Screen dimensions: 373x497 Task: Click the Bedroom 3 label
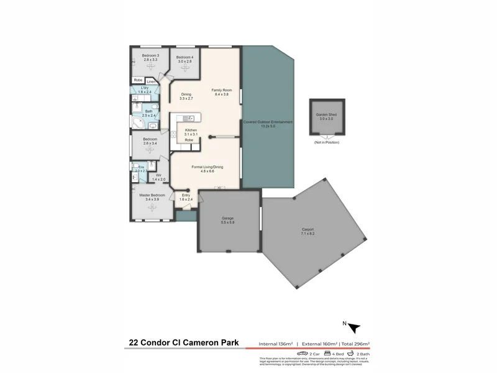point(150,55)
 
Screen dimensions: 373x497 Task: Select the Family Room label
point(222,90)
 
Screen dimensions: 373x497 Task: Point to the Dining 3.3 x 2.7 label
point(186,96)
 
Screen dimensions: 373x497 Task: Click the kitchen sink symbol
point(189,118)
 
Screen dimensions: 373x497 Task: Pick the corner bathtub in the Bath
point(138,122)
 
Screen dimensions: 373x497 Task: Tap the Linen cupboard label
point(151,81)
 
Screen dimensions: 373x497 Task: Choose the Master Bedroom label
point(152,195)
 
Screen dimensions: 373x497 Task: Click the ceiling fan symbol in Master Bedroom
point(152,207)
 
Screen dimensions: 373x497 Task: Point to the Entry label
point(186,195)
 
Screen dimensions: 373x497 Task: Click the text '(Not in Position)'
point(326,143)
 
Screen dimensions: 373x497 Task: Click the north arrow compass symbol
point(353,328)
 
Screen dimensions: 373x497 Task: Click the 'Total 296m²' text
point(355,343)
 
